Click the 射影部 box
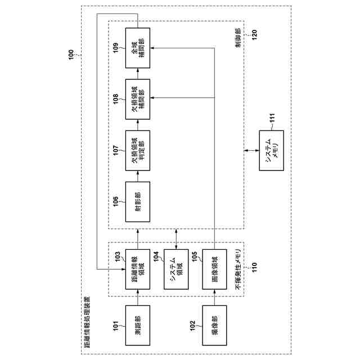point(138,198)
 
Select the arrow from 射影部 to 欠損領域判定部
point(138,174)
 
